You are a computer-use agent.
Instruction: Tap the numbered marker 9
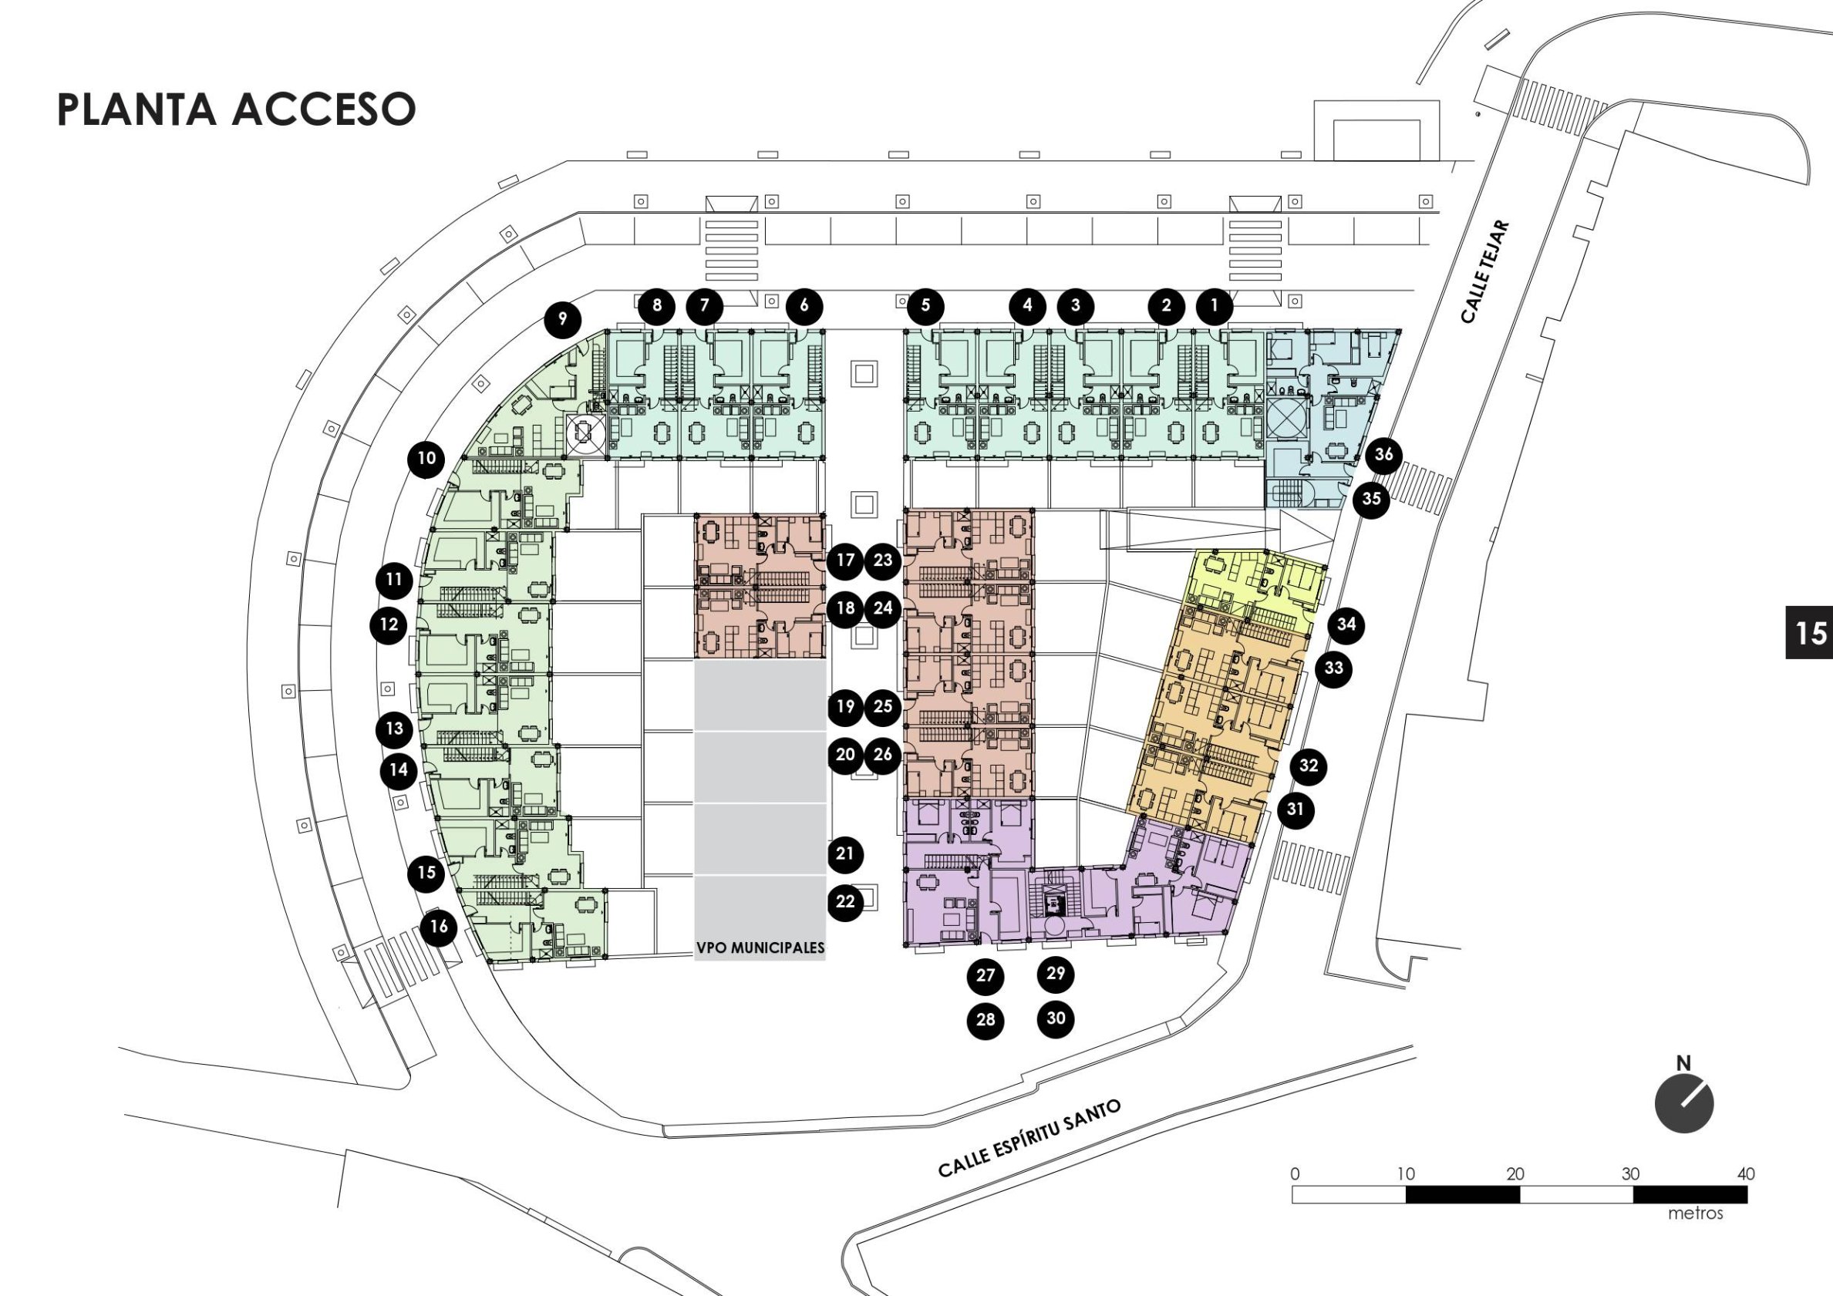(563, 319)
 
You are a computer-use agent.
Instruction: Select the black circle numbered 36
(1383, 455)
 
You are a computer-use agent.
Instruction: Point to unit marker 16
(438, 927)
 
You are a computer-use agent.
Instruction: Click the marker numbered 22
(845, 902)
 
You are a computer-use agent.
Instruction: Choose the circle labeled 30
(1056, 1018)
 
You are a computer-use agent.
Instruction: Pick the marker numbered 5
(925, 305)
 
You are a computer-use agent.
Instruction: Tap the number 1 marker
(1215, 305)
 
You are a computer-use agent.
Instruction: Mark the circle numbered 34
(1346, 623)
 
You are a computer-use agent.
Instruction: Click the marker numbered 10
(426, 458)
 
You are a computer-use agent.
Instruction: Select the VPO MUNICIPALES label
(760, 949)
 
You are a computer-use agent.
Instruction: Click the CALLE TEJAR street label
(1486, 272)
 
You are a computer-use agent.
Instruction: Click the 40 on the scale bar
(1745, 1174)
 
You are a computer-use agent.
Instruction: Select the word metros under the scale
(1695, 1214)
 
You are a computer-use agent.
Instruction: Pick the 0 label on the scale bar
(1295, 1174)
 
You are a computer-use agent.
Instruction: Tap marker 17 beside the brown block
(845, 560)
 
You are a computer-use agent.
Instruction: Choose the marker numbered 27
(986, 975)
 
